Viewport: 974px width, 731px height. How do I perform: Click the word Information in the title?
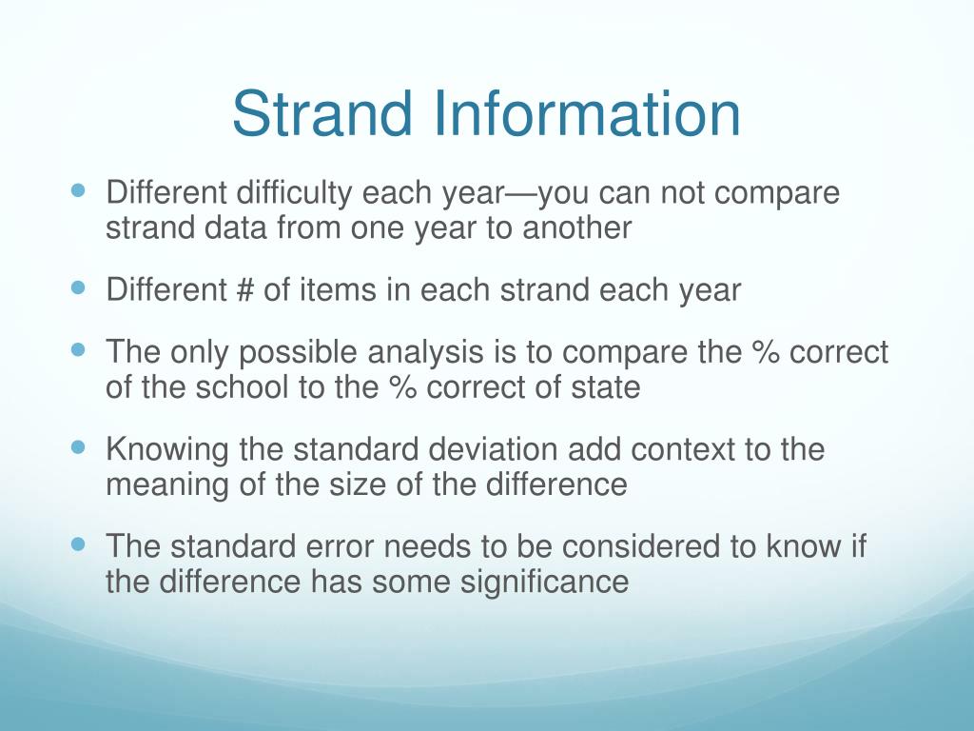[x=588, y=113]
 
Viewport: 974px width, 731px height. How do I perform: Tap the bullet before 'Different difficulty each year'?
[x=79, y=190]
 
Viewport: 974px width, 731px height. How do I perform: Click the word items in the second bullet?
[x=338, y=289]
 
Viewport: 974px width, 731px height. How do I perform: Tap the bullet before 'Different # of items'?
[x=79, y=286]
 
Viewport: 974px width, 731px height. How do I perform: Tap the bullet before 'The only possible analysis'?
[x=79, y=349]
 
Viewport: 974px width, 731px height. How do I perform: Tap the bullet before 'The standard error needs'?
[x=79, y=543]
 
